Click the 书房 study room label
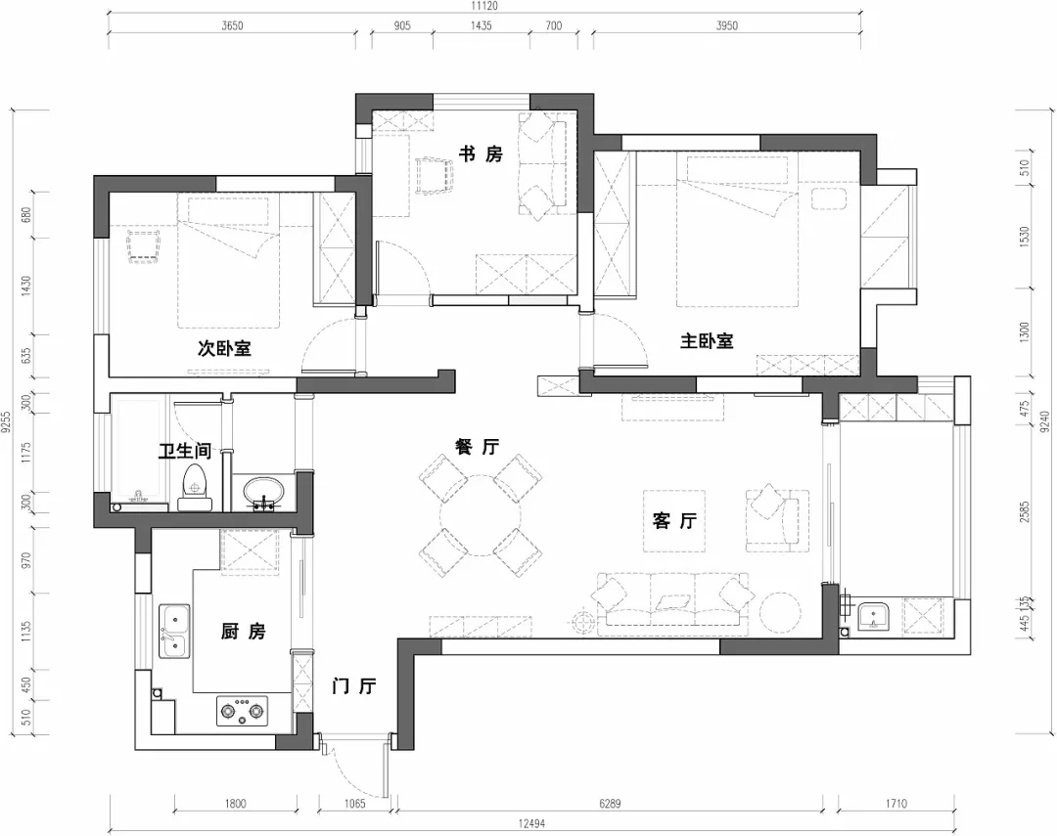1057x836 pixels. (481, 154)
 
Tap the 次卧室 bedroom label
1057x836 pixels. (224, 348)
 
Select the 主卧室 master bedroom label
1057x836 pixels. (707, 341)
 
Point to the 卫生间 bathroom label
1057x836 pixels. (185, 450)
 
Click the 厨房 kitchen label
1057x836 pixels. (244, 632)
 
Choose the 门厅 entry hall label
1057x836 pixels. (354, 686)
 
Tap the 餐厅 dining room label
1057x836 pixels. (478, 446)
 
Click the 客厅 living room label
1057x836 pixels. (674, 521)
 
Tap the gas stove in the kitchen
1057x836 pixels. (242, 712)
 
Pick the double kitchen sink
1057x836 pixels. (174, 631)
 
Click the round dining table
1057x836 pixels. (480, 515)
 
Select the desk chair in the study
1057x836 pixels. (433, 176)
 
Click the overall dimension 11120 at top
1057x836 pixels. (484, 6)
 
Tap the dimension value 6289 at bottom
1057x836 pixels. (610, 803)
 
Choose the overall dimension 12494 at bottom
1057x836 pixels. (531, 823)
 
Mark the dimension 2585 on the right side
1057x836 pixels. (1025, 512)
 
